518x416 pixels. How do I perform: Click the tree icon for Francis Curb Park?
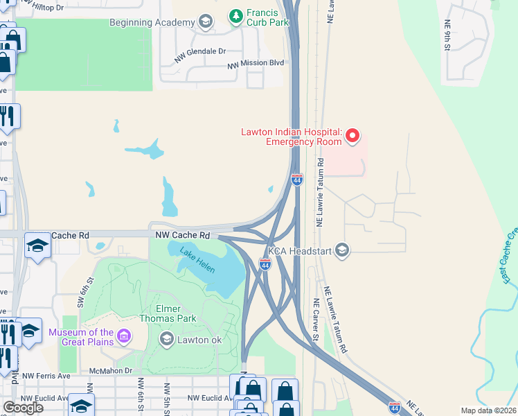point(236,15)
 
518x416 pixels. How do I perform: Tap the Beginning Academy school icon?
point(205,23)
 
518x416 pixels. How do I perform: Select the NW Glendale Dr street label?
point(200,52)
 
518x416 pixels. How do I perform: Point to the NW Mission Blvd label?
point(256,63)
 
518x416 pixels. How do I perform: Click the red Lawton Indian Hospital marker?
point(352,135)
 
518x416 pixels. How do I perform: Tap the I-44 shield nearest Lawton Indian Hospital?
point(297,180)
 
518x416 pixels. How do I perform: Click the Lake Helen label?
point(197,260)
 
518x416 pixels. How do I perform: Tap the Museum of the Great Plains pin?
point(124,338)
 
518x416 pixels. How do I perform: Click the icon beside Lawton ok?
point(166,338)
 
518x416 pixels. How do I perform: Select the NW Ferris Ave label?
point(46,376)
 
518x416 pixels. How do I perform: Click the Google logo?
point(23,408)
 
